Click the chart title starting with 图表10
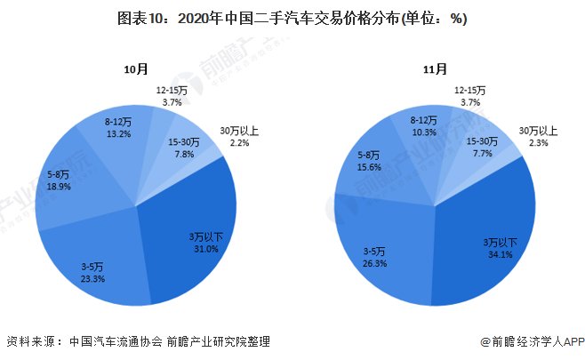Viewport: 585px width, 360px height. (x=292, y=18)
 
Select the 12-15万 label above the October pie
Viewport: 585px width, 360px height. (x=172, y=90)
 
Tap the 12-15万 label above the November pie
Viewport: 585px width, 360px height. (x=469, y=90)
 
